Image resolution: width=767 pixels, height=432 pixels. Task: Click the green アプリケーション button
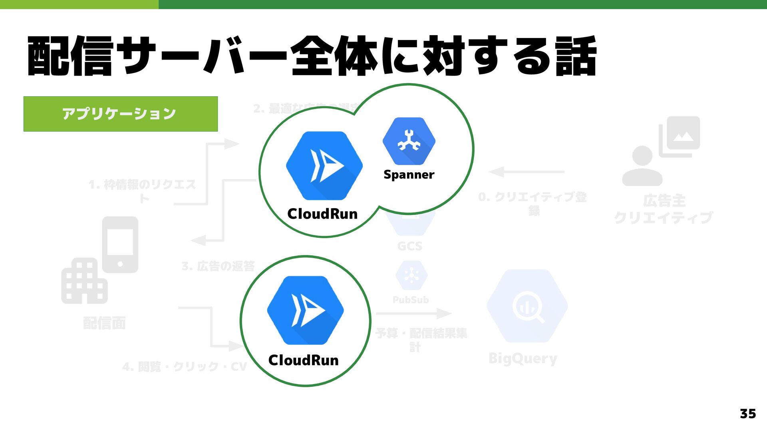[120, 114]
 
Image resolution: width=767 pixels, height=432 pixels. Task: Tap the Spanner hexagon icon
[409, 141]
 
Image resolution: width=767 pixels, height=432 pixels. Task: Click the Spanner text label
[409, 175]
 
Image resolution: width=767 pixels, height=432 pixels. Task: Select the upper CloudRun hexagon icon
[324, 165]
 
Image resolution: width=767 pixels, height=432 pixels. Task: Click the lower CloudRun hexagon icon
[305, 310]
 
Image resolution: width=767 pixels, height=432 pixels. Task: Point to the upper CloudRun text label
[322, 214]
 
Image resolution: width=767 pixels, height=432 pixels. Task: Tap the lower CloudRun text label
[304, 360]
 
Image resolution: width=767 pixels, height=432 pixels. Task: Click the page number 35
[747, 414]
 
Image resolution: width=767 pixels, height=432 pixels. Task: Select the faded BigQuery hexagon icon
[527, 306]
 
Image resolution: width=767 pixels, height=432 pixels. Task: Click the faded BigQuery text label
[523, 358]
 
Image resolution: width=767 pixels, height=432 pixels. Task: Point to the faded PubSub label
[411, 300]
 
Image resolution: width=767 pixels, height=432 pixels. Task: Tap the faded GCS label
[410, 246]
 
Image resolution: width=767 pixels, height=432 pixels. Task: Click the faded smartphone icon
[120, 245]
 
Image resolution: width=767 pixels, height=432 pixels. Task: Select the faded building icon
[84, 281]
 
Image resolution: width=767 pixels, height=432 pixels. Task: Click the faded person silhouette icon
[642, 166]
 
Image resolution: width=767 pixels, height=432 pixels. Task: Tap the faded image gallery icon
[680, 136]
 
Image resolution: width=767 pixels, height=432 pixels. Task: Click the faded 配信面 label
[105, 323]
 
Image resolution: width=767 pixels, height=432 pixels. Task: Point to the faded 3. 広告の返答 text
[218, 266]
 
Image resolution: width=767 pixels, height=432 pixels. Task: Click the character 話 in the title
[576, 56]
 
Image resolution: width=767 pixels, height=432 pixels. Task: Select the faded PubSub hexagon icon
[411, 275]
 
